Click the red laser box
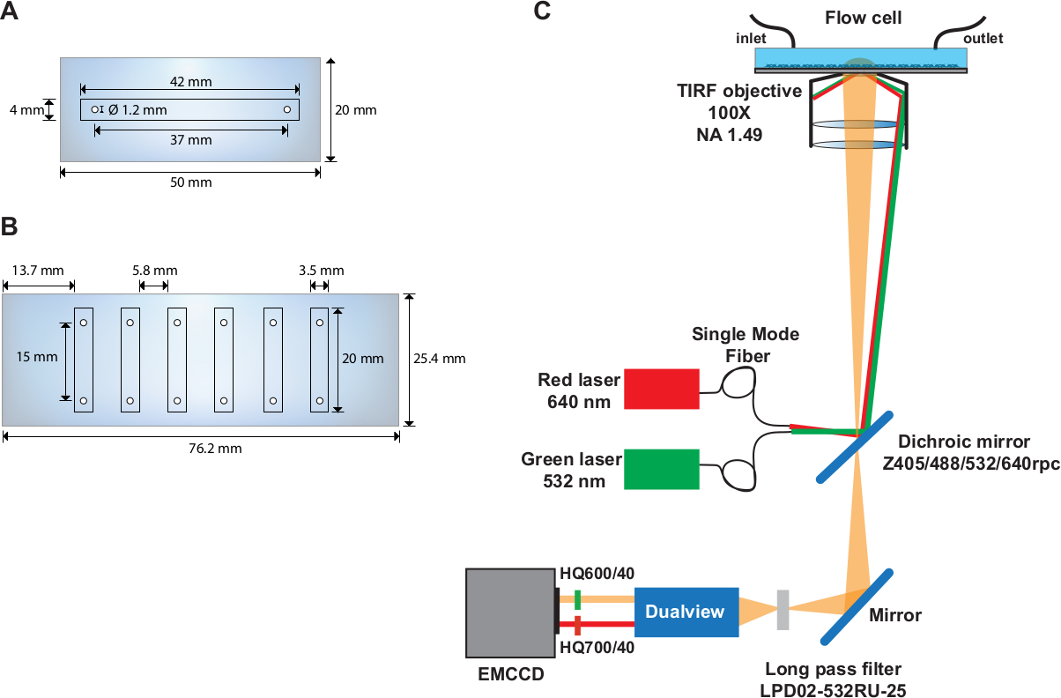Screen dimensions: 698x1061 pos(661,389)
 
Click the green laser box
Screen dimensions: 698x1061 pos(661,469)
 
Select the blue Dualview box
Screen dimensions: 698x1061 pos(686,612)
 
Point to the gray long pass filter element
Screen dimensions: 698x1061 pos(783,609)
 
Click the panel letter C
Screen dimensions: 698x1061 pos(543,11)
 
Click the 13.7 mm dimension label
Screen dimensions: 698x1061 pos(37,271)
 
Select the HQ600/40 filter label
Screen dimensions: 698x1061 pos(597,574)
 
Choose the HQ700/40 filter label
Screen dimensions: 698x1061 pos(597,649)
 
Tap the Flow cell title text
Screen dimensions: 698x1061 pos(863,18)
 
